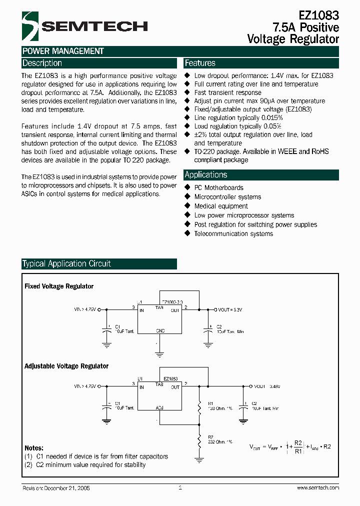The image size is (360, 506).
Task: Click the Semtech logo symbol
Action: tap(30, 26)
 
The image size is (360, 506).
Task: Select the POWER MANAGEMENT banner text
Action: tap(63, 51)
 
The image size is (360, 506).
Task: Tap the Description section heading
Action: tap(42, 63)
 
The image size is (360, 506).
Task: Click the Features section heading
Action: tap(200, 63)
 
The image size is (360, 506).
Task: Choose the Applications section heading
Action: tap(206, 175)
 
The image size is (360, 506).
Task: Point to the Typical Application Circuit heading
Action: tap(66, 264)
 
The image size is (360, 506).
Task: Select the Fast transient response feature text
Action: tap(227, 92)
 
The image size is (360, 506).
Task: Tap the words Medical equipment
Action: tap(221, 206)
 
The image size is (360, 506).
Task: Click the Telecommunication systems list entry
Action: tap(233, 233)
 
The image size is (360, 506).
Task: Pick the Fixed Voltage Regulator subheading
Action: tap(59, 286)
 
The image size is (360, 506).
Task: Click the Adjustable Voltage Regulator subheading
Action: tap(66, 366)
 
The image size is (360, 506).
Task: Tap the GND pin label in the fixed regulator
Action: tap(160, 330)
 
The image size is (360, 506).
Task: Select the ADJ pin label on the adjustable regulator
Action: tap(159, 408)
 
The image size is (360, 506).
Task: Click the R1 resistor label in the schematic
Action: tap(210, 402)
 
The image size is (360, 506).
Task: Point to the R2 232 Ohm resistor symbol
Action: tap(199, 440)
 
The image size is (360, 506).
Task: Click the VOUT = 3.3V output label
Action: tap(230, 310)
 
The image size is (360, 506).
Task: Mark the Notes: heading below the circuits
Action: tap(34, 448)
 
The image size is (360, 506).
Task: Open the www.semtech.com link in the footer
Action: tap(318, 487)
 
